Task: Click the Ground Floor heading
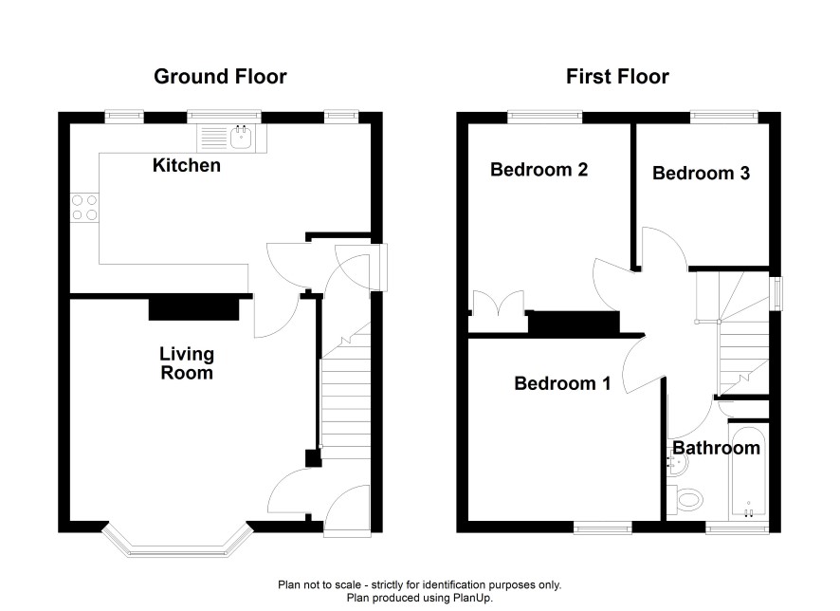(220, 77)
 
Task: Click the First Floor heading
(617, 77)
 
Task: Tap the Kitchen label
(187, 165)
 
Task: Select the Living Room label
(187, 362)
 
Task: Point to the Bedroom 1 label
(562, 383)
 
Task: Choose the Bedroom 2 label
(539, 170)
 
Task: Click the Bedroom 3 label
(701, 173)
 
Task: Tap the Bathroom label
(716, 448)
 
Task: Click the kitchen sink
(231, 139)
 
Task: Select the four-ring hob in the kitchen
(84, 208)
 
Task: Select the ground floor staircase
(345, 391)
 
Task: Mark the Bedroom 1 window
(603, 528)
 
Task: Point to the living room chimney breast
(193, 309)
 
